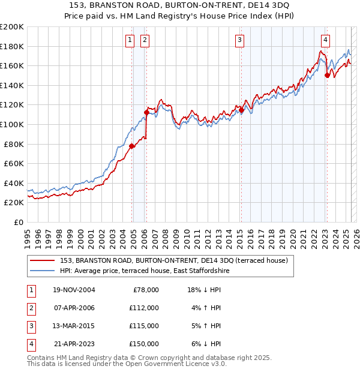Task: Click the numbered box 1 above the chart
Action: tap(130, 40)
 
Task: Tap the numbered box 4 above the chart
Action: tap(325, 40)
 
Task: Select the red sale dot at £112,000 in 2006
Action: tap(146, 112)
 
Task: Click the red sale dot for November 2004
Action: tap(132, 146)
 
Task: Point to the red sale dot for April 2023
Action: tap(327, 75)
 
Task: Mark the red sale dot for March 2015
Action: tap(241, 110)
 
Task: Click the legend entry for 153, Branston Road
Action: tap(174, 260)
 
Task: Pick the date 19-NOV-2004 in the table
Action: tap(74, 290)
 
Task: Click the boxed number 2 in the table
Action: tap(30, 308)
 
